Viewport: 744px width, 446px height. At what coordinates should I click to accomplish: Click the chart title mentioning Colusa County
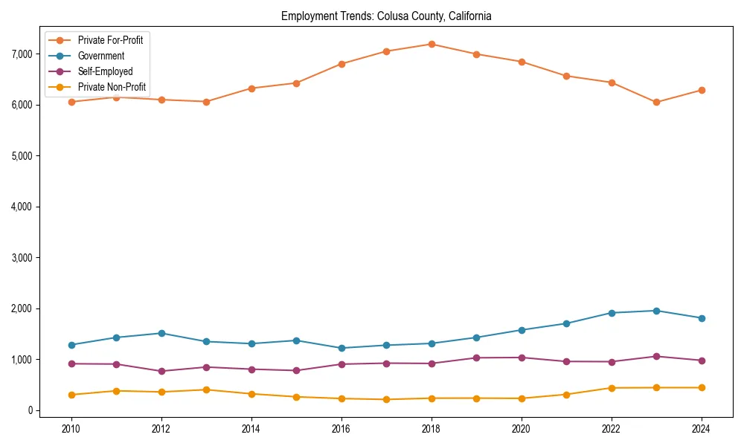tap(386, 16)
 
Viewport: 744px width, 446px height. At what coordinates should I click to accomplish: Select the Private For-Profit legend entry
tap(110, 40)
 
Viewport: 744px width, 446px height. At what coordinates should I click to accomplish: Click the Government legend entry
tap(100, 56)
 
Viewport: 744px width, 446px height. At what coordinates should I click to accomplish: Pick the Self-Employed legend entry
tap(105, 71)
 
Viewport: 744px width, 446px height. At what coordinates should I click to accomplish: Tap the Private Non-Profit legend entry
tap(112, 87)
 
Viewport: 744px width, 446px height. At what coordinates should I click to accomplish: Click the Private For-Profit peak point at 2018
tap(431, 44)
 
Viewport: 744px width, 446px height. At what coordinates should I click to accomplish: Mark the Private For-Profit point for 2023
tap(656, 102)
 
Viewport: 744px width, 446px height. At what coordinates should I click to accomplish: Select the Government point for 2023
tap(656, 311)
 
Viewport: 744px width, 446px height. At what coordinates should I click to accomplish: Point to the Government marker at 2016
tap(341, 348)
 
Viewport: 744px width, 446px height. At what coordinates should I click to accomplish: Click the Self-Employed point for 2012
tap(161, 371)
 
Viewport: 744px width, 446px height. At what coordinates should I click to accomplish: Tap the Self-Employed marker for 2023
tap(656, 356)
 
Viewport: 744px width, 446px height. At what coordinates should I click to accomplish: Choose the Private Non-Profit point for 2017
tap(386, 399)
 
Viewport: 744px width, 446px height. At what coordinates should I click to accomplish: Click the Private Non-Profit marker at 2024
tap(701, 387)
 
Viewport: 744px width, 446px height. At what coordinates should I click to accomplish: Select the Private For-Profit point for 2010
tap(71, 102)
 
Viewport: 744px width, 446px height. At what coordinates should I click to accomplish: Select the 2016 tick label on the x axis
tap(341, 429)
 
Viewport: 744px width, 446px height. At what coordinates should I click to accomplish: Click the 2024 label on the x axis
tap(701, 429)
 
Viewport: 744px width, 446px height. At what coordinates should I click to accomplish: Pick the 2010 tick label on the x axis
tap(71, 429)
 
